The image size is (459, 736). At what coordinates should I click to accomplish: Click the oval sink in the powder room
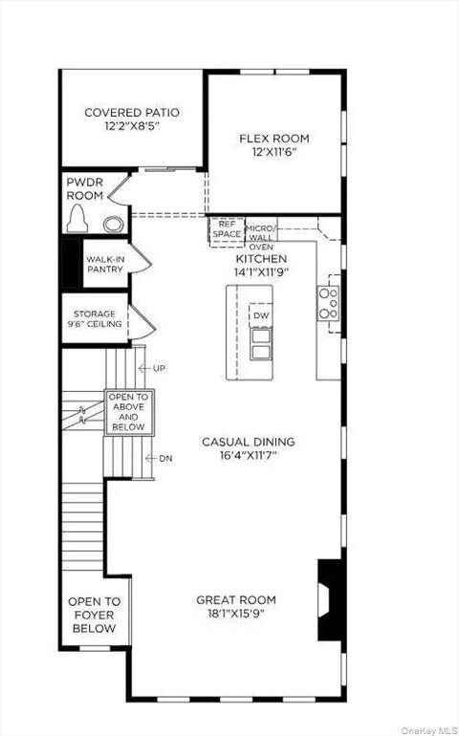click(113, 225)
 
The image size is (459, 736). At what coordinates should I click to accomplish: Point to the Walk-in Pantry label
click(104, 264)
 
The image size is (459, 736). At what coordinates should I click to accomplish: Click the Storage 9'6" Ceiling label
click(95, 318)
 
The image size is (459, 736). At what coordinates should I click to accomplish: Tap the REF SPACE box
click(227, 229)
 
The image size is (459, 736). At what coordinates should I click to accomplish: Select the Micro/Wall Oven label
click(261, 237)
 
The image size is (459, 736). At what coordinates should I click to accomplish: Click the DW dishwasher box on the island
click(261, 315)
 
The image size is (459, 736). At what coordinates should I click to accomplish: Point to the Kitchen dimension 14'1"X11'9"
click(261, 271)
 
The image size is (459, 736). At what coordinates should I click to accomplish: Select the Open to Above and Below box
click(127, 411)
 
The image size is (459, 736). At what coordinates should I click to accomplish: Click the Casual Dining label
click(248, 442)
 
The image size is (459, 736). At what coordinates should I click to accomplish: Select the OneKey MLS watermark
click(427, 729)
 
